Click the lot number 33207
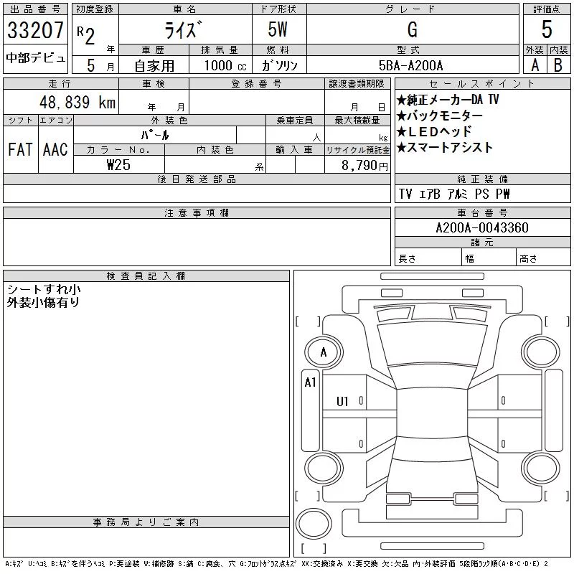[35, 30]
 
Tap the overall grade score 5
[547, 29]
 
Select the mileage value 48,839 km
[77, 102]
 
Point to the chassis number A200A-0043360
[482, 227]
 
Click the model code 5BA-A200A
[410, 65]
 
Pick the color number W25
[118, 165]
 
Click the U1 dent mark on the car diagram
[342, 402]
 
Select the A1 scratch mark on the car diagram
[311, 382]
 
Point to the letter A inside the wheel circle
[324, 352]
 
